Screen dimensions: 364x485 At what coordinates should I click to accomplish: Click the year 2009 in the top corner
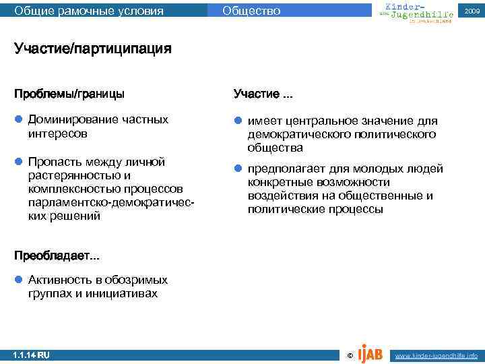(x=471, y=11)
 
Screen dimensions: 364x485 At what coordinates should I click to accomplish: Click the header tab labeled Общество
(x=251, y=11)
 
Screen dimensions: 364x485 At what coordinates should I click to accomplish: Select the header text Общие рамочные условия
(x=89, y=11)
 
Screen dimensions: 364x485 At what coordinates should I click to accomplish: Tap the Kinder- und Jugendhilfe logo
(x=412, y=11)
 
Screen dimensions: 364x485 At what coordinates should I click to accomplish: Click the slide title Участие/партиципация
(x=93, y=49)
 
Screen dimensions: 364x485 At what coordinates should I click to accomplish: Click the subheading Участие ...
(x=262, y=93)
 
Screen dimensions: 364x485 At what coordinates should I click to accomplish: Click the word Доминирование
(x=72, y=120)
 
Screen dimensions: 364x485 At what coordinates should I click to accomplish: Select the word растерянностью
(x=75, y=175)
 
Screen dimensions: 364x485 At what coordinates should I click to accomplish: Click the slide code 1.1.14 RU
(x=32, y=355)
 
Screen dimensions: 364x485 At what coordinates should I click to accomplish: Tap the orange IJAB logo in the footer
(x=371, y=352)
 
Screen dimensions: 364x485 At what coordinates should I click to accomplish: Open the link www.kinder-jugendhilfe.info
(x=437, y=355)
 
